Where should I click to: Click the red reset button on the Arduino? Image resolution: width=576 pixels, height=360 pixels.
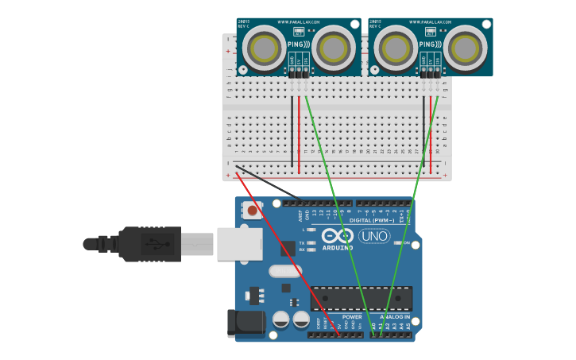253,211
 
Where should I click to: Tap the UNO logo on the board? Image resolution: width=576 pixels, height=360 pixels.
374,236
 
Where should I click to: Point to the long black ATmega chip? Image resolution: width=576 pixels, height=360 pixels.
361,298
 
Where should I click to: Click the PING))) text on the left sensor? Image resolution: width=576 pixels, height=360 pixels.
299,46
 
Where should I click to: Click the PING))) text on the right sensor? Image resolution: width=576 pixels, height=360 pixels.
431,46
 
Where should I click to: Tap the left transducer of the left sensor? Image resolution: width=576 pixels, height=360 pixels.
264,48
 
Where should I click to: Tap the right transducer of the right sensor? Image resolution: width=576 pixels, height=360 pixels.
464,48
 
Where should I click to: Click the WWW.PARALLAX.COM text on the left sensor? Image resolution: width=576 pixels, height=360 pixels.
299,22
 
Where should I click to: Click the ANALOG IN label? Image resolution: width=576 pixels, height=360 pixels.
394,316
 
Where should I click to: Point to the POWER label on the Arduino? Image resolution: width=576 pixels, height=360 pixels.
352,316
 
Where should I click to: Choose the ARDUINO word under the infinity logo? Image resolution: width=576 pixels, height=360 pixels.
337,247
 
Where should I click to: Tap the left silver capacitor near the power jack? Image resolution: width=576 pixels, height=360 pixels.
280,319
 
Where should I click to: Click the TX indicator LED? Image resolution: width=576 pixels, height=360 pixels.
312,242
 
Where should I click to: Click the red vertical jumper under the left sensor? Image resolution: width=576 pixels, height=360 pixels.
300,135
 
